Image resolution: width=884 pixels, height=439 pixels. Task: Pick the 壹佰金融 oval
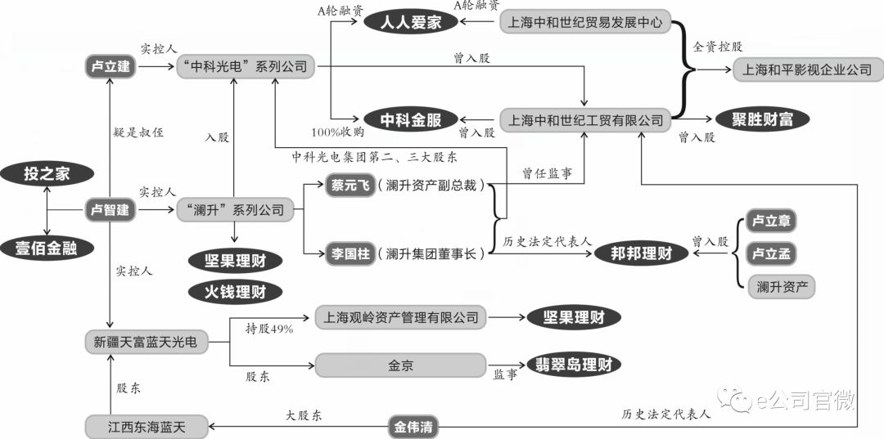pyautogui.click(x=45, y=248)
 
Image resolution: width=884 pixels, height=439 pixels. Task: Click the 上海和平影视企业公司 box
pyautogui.click(x=806, y=70)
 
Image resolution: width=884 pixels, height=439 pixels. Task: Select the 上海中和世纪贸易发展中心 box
pyautogui.click(x=584, y=22)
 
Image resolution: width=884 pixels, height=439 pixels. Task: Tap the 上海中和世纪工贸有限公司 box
pyautogui.click(x=585, y=119)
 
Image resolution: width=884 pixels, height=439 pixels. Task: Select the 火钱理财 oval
pyautogui.click(x=235, y=291)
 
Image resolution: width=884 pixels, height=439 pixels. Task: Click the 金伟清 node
pyautogui.click(x=411, y=425)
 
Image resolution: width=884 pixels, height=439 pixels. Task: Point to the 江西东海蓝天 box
pyautogui.click(x=147, y=425)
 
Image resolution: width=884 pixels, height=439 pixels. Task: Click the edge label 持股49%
pyautogui.click(x=269, y=329)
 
